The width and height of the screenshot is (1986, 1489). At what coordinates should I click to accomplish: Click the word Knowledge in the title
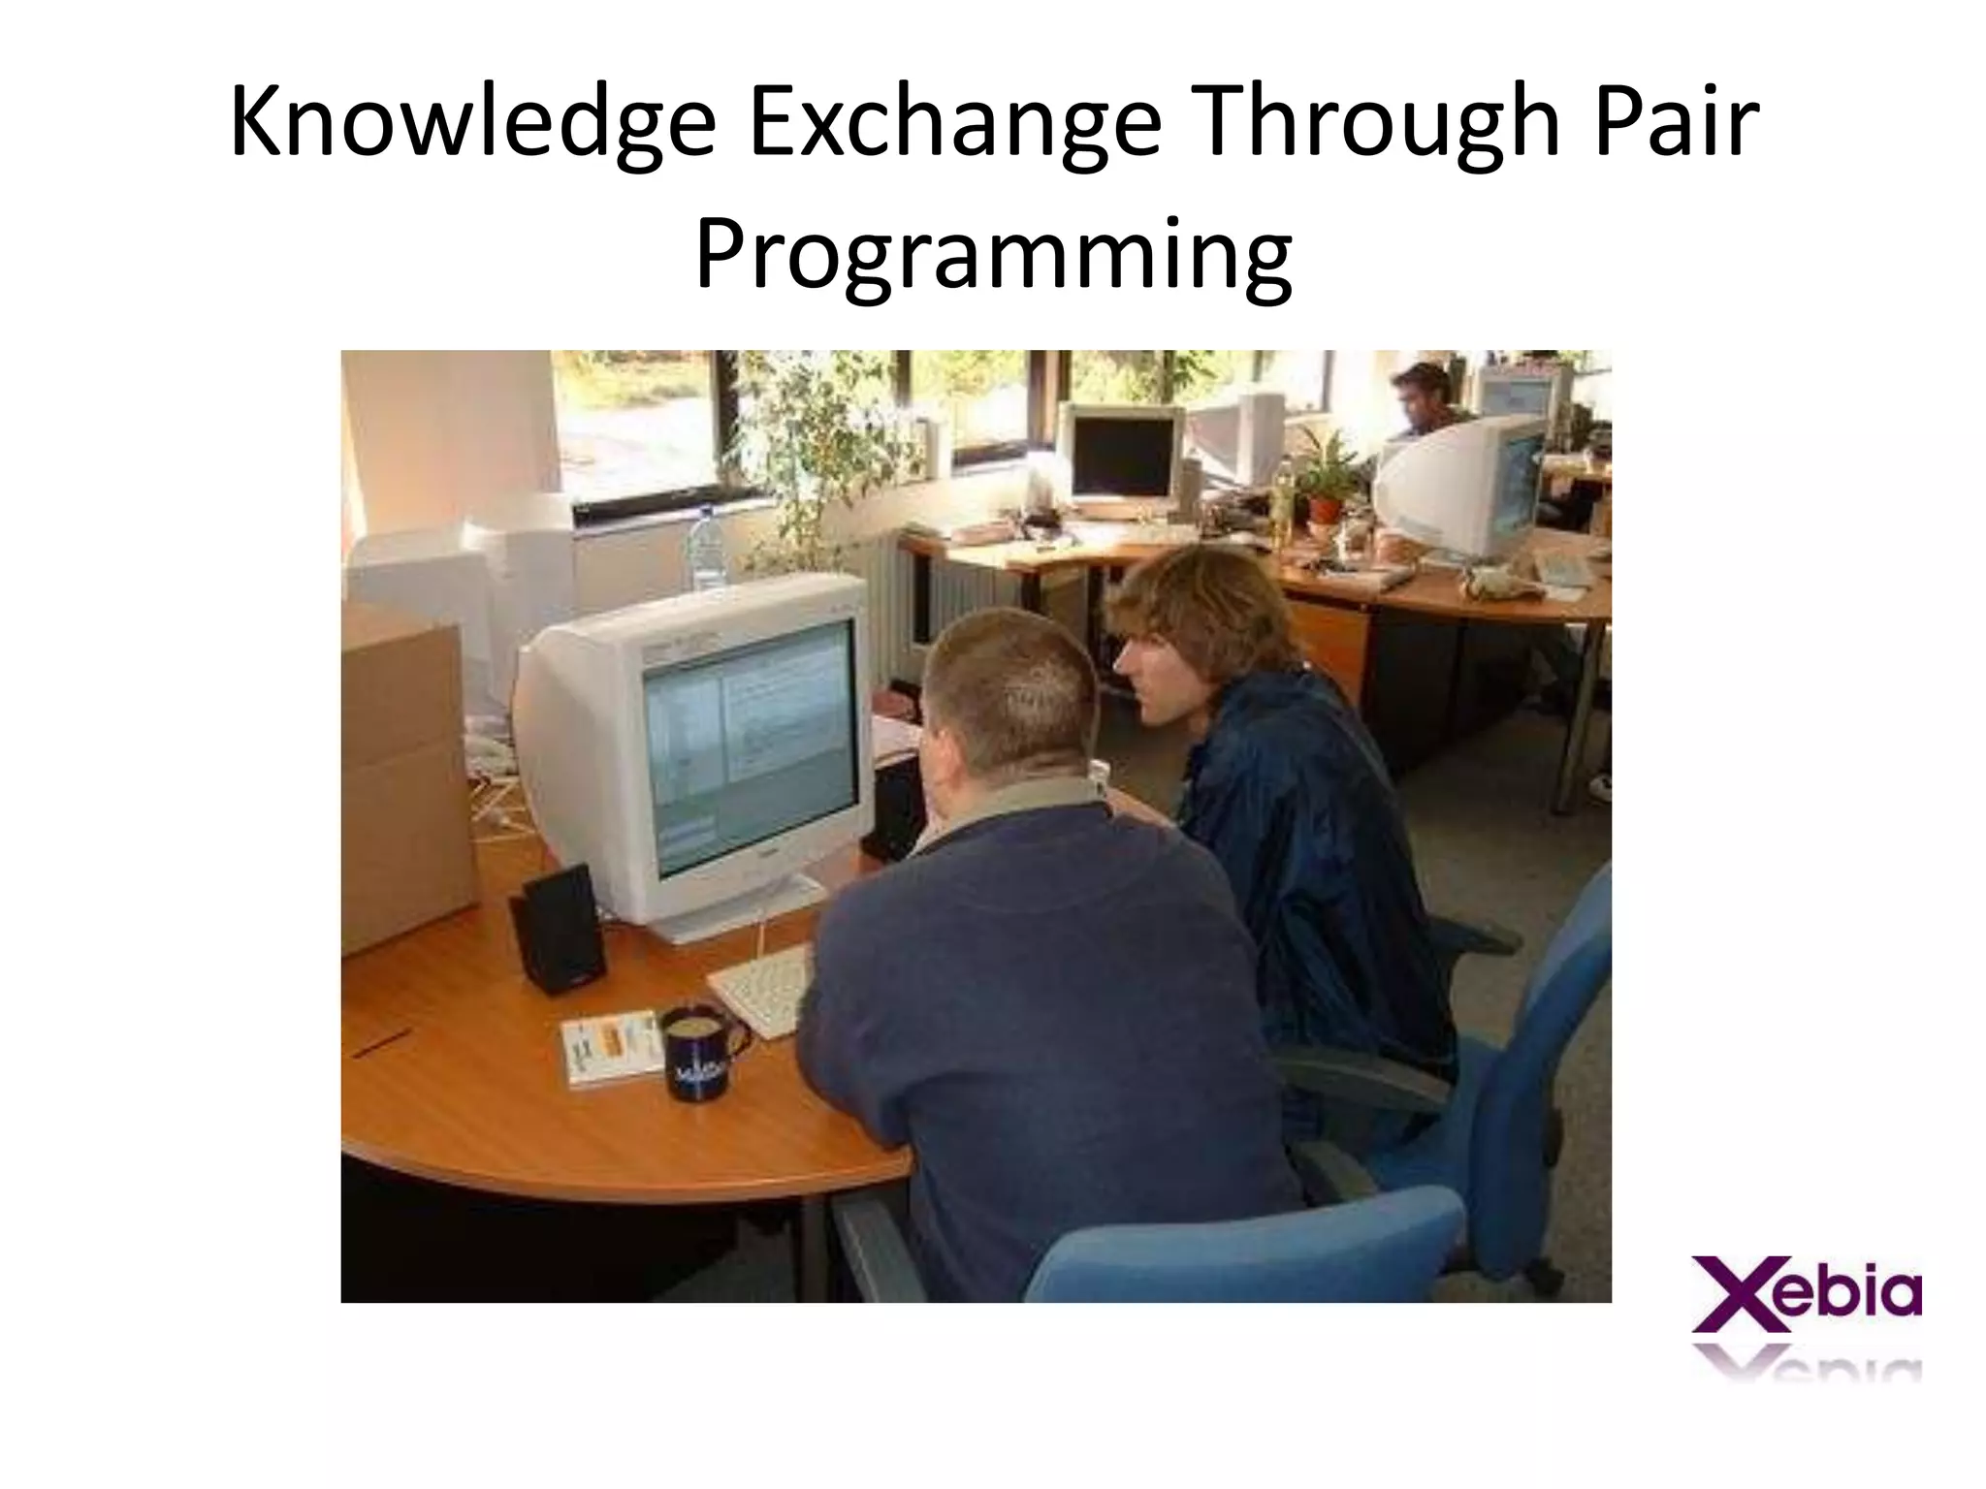[x=472, y=124]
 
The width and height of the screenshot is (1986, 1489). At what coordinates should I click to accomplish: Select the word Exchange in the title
[x=954, y=124]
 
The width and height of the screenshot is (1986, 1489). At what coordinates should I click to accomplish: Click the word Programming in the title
[x=993, y=254]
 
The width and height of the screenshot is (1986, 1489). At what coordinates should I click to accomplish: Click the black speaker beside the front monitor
[x=559, y=928]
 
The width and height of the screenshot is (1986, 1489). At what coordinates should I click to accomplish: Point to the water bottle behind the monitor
[x=706, y=548]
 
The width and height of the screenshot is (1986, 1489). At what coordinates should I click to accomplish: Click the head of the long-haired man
[x=1202, y=620]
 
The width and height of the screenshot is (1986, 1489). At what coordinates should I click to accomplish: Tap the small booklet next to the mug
[x=611, y=1047]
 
